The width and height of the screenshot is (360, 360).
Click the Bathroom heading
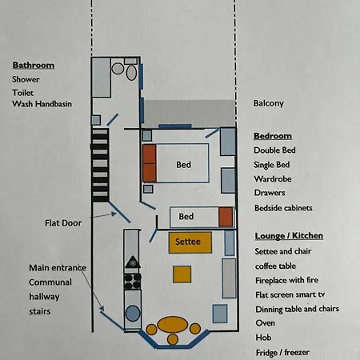click(x=33, y=65)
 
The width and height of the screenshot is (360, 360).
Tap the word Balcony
click(x=268, y=103)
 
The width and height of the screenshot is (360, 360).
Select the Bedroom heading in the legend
click(x=272, y=136)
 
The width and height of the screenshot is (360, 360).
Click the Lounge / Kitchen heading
click(x=288, y=236)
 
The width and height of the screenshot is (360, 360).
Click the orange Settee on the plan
click(x=189, y=240)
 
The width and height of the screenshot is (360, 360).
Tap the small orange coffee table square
click(x=182, y=274)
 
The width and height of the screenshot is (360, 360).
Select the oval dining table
click(x=173, y=325)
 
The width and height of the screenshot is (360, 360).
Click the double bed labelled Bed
click(x=184, y=166)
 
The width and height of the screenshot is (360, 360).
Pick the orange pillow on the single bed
click(x=226, y=217)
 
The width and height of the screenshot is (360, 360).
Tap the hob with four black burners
click(x=132, y=281)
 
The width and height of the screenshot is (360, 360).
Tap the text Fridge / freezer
click(x=282, y=352)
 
